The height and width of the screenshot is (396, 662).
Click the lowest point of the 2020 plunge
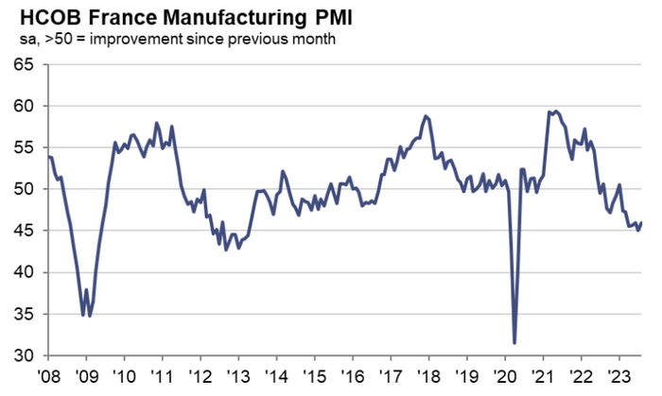(514, 343)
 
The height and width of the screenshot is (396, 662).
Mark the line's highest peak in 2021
(555, 111)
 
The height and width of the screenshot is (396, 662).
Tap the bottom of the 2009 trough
(83, 316)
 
